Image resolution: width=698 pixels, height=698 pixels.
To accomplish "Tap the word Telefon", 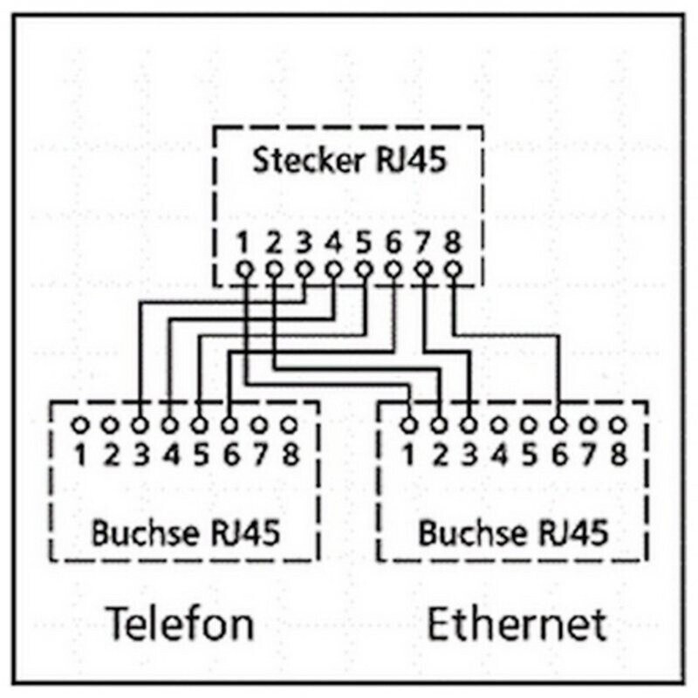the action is pyautogui.click(x=181, y=622).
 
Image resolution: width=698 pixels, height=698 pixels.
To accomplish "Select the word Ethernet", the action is pyautogui.click(x=517, y=623).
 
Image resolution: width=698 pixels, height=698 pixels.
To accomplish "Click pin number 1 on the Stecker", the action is pyautogui.click(x=243, y=243).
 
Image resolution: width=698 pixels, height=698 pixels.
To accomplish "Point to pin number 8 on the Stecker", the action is pyautogui.click(x=453, y=243).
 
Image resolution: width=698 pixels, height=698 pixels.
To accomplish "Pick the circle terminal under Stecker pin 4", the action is pyautogui.click(x=333, y=269).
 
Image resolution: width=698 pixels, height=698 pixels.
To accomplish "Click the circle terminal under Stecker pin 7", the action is pyautogui.click(x=423, y=269).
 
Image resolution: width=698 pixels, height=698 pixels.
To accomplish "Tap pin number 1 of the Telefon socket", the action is pyautogui.click(x=80, y=455).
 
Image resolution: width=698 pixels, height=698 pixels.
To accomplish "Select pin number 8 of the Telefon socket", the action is pyautogui.click(x=291, y=455).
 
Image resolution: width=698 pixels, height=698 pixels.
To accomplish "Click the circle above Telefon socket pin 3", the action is pyautogui.click(x=140, y=425).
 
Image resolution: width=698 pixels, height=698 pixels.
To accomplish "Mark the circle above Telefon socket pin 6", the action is pyautogui.click(x=229, y=425).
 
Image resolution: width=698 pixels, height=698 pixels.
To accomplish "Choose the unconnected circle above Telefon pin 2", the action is pyautogui.click(x=110, y=425).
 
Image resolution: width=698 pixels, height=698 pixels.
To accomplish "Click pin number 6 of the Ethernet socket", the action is pyautogui.click(x=559, y=455).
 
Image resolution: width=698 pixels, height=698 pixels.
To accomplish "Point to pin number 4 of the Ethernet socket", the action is pyautogui.click(x=499, y=455).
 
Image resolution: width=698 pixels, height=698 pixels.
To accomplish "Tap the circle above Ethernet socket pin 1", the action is pyautogui.click(x=409, y=425).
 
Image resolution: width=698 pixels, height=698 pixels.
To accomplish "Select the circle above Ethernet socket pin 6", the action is pyautogui.click(x=558, y=425).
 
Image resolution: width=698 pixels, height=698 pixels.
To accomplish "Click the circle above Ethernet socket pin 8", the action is pyautogui.click(x=619, y=425).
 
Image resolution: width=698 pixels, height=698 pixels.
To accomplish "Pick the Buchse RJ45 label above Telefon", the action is pyautogui.click(x=186, y=532).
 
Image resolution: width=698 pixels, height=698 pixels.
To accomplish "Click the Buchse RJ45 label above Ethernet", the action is pyautogui.click(x=513, y=532).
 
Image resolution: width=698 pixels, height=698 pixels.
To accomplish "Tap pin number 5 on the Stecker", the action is pyautogui.click(x=364, y=243).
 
